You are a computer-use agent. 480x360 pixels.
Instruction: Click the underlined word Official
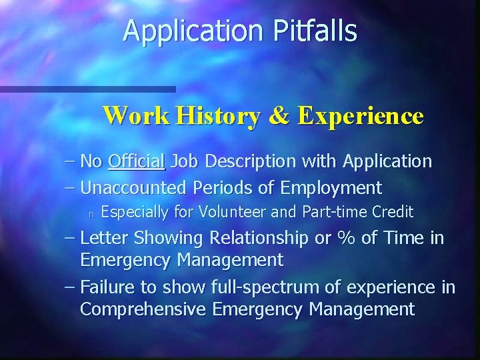[x=136, y=161]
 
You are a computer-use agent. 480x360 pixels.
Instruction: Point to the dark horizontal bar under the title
[x=87, y=89]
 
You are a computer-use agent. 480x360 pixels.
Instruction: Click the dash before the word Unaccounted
[x=71, y=188]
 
